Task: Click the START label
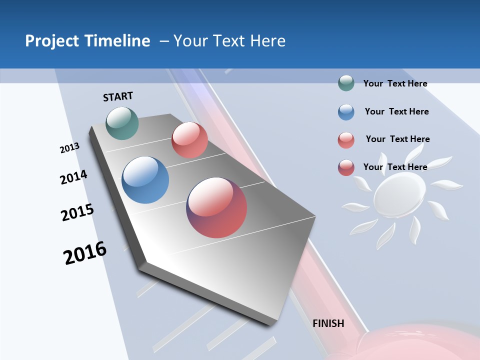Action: (x=118, y=96)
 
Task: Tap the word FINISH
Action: (x=328, y=323)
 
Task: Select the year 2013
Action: (x=69, y=148)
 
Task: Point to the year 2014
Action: (x=73, y=177)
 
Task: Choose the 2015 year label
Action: (x=77, y=212)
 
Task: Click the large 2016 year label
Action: (x=85, y=253)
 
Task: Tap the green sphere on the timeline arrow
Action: (x=122, y=123)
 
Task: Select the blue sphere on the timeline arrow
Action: (x=145, y=180)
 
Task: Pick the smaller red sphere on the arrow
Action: (x=189, y=140)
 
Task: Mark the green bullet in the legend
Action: (x=346, y=83)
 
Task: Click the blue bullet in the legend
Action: (x=346, y=112)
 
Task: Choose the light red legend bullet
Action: (x=346, y=140)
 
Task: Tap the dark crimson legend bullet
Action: (x=346, y=167)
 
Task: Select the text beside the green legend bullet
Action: (x=395, y=83)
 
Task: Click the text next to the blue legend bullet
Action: (x=396, y=111)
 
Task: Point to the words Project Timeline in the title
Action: (x=87, y=41)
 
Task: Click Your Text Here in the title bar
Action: (x=229, y=41)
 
